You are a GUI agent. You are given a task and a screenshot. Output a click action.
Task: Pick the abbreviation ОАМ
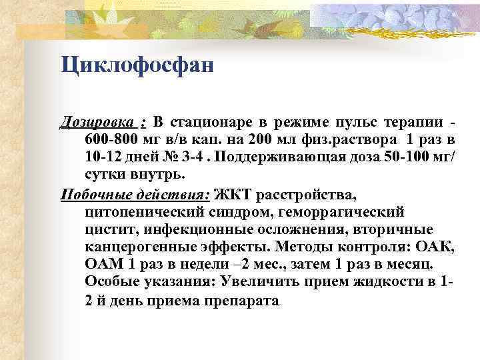pyautogui.click(x=102, y=265)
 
